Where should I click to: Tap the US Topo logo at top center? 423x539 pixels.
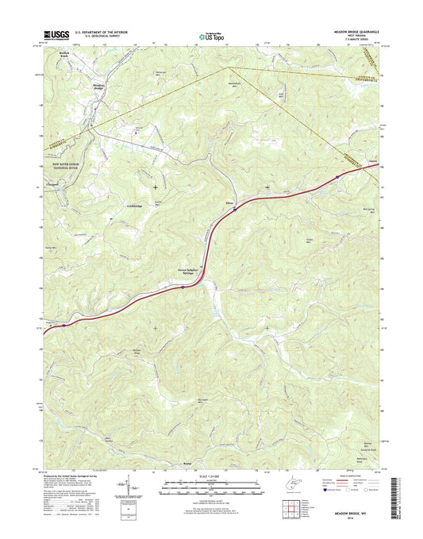pos(207,35)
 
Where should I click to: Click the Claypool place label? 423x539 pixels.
pos(53,189)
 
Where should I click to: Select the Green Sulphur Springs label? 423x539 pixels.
pos(182,271)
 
